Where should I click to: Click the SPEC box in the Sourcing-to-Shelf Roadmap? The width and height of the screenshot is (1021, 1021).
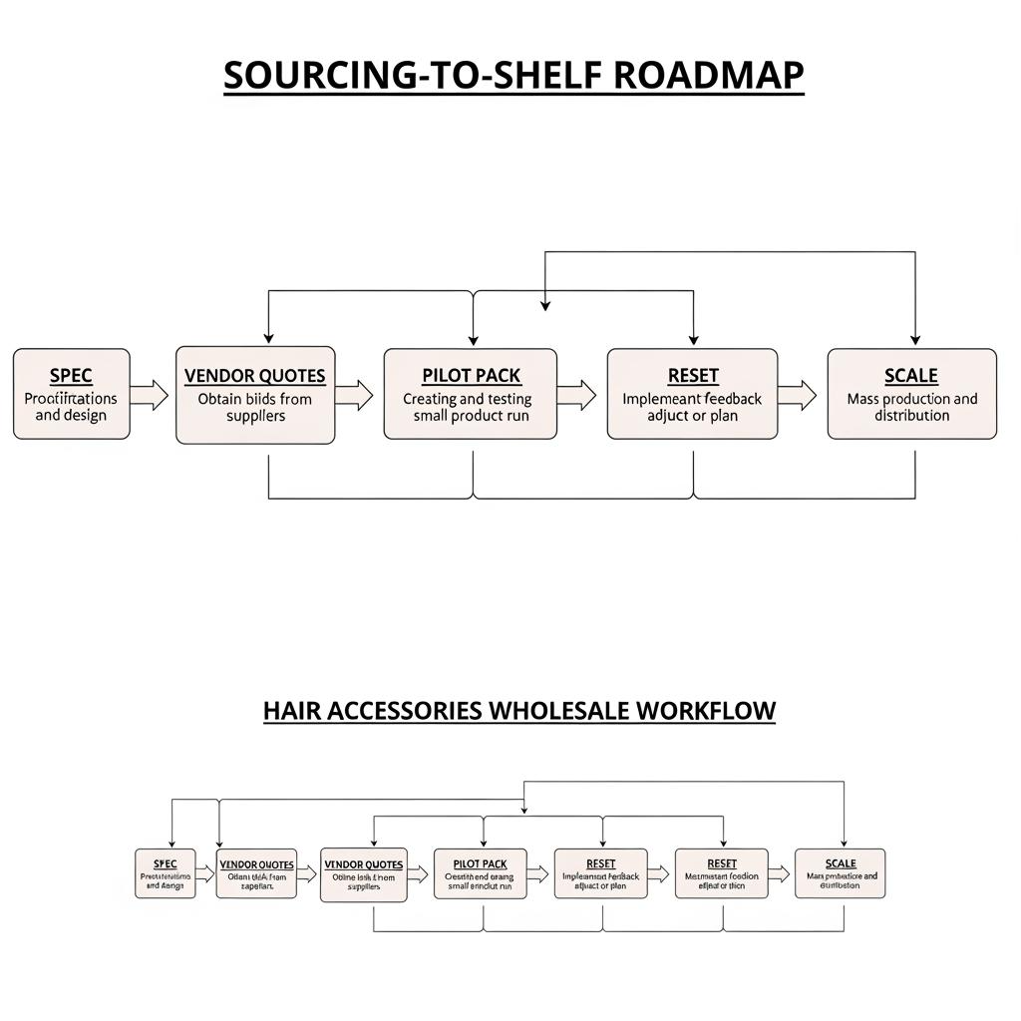[x=71, y=394]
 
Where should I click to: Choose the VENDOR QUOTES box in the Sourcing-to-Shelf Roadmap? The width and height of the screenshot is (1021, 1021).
[x=255, y=396]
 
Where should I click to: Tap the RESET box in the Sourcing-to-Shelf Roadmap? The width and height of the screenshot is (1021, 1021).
[x=692, y=394]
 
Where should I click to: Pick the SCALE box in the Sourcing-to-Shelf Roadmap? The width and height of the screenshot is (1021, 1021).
[x=911, y=394]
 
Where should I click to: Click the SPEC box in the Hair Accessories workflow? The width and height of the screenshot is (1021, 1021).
[x=166, y=873]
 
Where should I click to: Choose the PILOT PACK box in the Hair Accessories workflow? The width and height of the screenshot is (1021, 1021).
[x=480, y=873]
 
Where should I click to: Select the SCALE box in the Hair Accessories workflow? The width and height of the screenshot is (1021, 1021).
[x=840, y=873]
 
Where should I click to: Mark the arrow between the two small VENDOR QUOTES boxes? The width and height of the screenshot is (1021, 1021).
[x=308, y=874]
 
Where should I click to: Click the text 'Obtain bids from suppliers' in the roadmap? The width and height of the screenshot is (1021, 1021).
[x=255, y=407]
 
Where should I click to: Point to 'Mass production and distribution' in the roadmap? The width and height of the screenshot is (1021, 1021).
[x=911, y=407]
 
